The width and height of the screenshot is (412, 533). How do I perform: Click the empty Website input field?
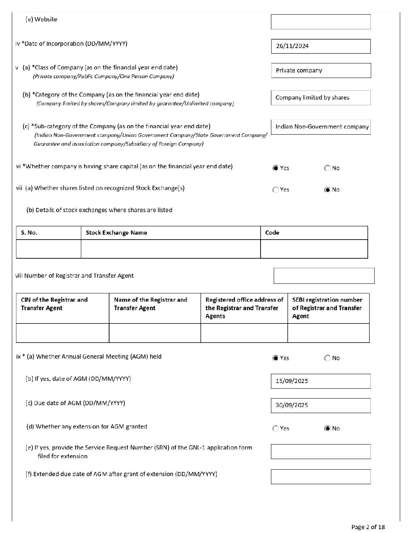click(320, 22)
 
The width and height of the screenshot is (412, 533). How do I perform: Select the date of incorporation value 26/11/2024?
click(320, 46)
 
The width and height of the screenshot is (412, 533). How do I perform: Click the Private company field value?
click(320, 71)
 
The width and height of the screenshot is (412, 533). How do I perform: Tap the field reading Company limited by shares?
click(320, 98)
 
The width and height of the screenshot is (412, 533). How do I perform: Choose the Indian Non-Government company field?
click(320, 127)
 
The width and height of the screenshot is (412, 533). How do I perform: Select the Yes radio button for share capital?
click(275, 168)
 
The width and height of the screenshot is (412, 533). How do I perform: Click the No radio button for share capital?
click(327, 168)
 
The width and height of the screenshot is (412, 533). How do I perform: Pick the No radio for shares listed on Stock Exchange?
click(327, 190)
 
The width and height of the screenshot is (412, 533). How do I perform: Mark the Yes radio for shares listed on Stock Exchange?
click(275, 190)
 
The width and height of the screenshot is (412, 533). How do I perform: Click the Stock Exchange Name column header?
click(116, 233)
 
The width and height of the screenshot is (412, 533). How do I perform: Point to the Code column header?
click(272, 233)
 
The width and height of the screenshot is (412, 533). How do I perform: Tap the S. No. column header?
click(29, 233)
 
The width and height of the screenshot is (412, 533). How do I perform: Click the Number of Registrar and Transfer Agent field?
click(324, 276)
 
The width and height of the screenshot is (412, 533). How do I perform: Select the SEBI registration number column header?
click(327, 308)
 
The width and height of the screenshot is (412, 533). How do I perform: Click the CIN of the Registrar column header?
click(54, 304)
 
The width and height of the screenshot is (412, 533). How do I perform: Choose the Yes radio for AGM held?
click(275, 358)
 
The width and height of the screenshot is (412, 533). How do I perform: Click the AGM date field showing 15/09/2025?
click(320, 381)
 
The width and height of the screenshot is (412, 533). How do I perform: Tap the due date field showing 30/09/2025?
click(320, 406)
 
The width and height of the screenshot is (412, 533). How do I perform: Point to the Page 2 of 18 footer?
click(368, 527)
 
